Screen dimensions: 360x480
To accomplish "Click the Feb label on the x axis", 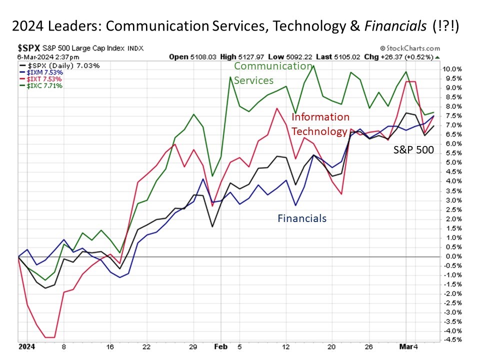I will pyautogui.click(x=220, y=345).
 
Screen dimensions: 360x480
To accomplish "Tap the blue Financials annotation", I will pyautogui.click(x=302, y=218).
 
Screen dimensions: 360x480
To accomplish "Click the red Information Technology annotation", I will pyautogui.click(x=320, y=124).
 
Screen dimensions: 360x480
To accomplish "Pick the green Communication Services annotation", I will pyautogui.click(x=272, y=73).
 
